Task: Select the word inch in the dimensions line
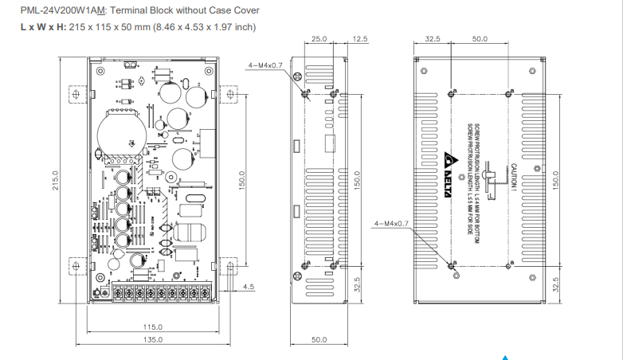click(x=243, y=27)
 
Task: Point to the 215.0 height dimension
click(x=56, y=180)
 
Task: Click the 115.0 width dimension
click(x=152, y=327)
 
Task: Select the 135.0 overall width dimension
click(x=152, y=339)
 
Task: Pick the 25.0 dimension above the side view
click(x=320, y=38)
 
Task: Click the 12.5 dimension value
click(x=359, y=38)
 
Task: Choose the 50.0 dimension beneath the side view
click(x=319, y=339)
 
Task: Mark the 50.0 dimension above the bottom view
click(x=480, y=38)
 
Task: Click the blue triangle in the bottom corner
click(x=504, y=356)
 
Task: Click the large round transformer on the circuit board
click(x=121, y=132)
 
